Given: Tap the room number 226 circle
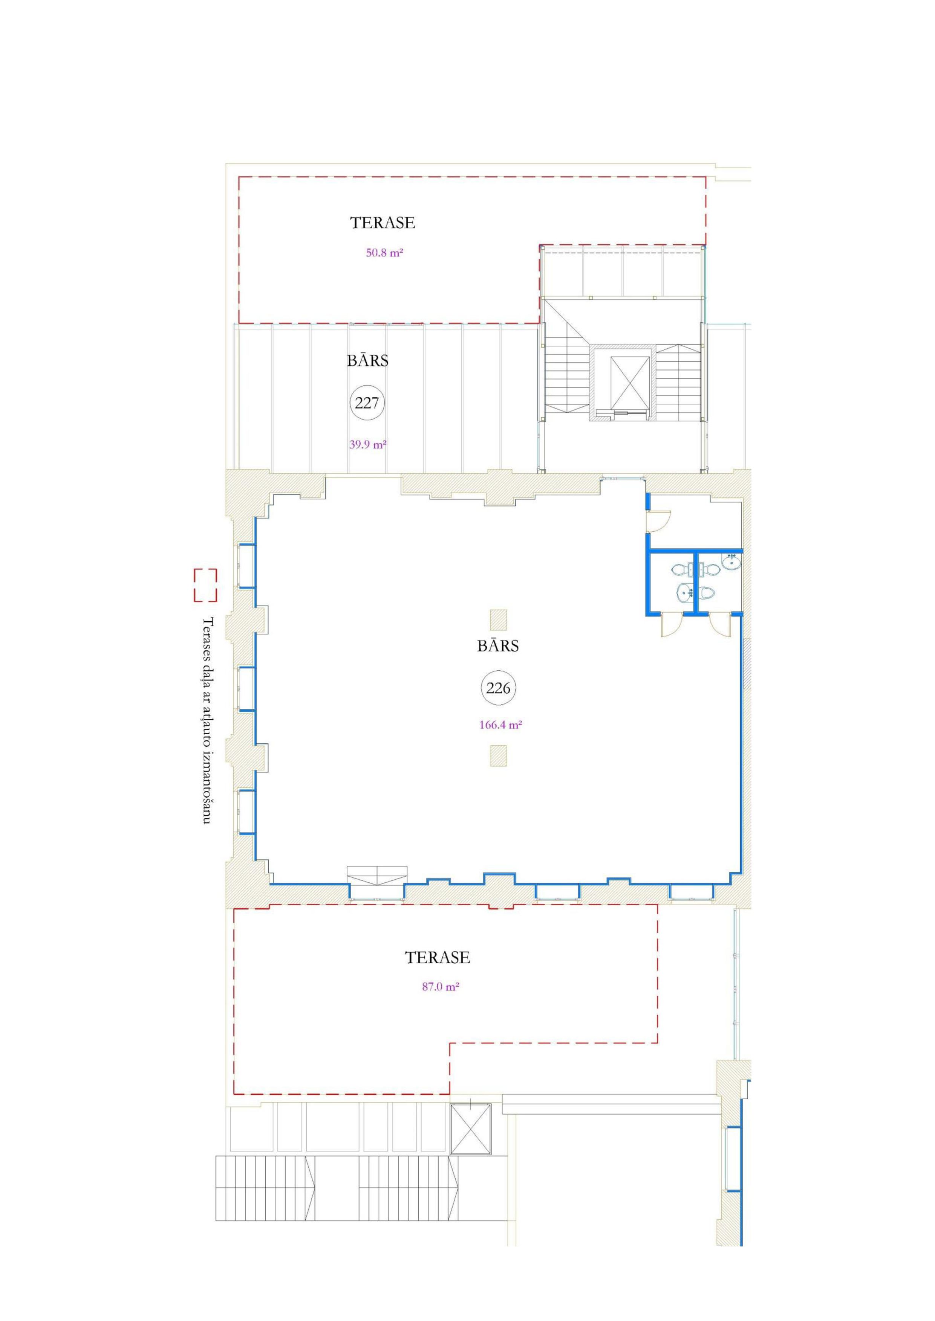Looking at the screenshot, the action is click(498, 688).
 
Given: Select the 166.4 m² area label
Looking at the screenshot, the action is click(500, 725).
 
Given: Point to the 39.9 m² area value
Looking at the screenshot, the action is click(367, 444).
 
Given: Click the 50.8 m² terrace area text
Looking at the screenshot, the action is click(384, 252).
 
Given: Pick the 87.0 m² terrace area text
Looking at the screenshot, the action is click(441, 987).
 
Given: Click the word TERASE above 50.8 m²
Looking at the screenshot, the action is click(383, 223).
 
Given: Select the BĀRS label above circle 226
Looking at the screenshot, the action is click(498, 645).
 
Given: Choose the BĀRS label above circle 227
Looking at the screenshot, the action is click(367, 360).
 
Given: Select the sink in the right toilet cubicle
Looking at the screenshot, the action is click(732, 561).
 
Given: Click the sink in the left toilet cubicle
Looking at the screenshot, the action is click(684, 592).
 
